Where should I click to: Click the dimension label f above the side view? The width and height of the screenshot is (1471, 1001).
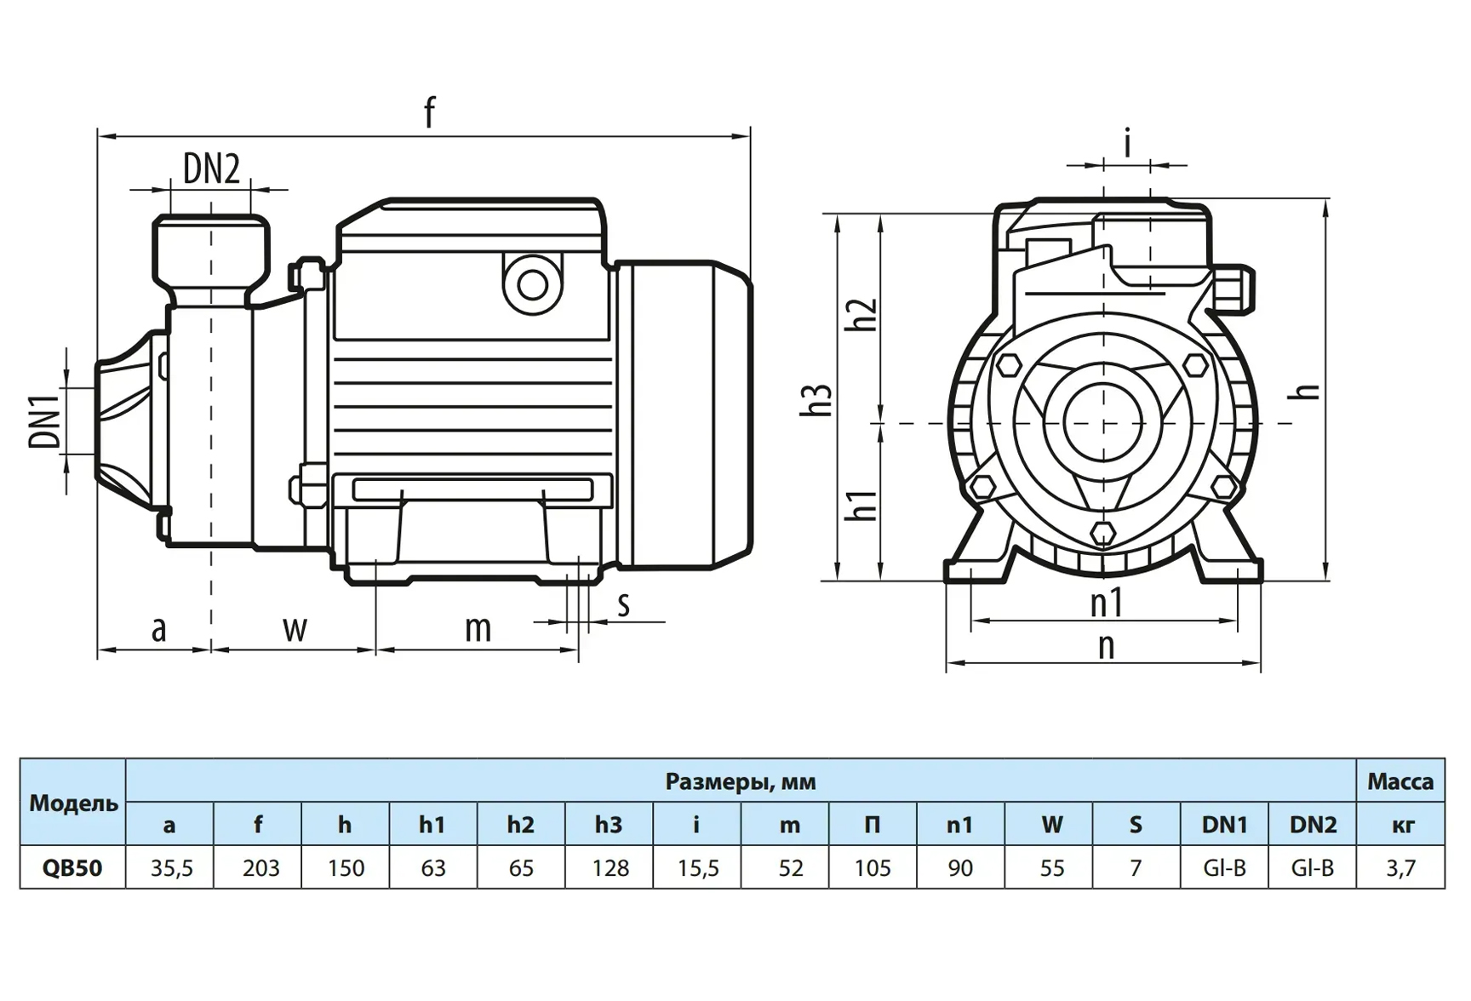pos(430,112)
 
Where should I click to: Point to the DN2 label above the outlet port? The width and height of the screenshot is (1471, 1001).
pos(211,169)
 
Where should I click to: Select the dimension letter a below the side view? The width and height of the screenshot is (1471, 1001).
pos(158,630)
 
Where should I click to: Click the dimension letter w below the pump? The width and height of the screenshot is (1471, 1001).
pos(295,630)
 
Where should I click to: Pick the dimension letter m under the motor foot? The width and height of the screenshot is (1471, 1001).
pos(478,630)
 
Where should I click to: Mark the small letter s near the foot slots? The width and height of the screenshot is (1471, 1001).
pos(624,605)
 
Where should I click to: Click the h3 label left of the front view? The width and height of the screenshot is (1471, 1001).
pos(816,400)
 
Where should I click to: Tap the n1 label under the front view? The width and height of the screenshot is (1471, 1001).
pos(1107,603)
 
